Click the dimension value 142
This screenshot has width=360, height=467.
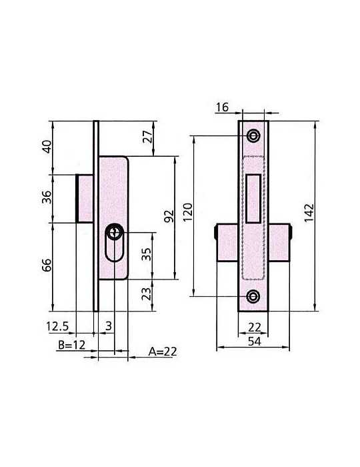pyautogui.click(x=309, y=213)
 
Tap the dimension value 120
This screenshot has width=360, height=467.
pyautogui.click(x=188, y=212)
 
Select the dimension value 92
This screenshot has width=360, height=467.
pyautogui.click(x=169, y=216)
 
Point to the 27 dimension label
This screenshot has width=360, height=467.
pyautogui.click(x=149, y=137)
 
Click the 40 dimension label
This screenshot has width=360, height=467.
pyautogui.click(x=47, y=147)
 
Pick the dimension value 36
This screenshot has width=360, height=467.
pyautogui.click(x=47, y=197)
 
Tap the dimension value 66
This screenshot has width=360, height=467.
pyautogui.click(x=47, y=265)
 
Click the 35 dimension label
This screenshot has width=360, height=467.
pyautogui.click(x=147, y=254)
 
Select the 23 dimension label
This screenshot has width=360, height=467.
pyautogui.click(x=147, y=294)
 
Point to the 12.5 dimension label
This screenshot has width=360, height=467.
pyautogui.click(x=57, y=326)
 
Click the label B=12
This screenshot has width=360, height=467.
pyautogui.click(x=72, y=345)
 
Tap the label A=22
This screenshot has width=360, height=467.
pyautogui.click(x=163, y=352)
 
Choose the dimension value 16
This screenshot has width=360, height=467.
pyautogui.click(x=222, y=107)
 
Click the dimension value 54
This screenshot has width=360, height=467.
pyautogui.click(x=255, y=342)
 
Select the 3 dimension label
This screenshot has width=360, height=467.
pyautogui.click(x=109, y=326)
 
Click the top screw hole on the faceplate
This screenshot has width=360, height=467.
pyautogui.click(x=253, y=136)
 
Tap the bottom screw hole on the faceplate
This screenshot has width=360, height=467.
pyautogui.click(x=253, y=296)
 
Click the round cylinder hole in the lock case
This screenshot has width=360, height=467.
pyautogui.click(x=115, y=232)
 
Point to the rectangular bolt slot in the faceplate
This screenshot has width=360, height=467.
pyautogui.click(x=253, y=198)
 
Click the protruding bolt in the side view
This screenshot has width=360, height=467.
pyautogui.click(x=85, y=198)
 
